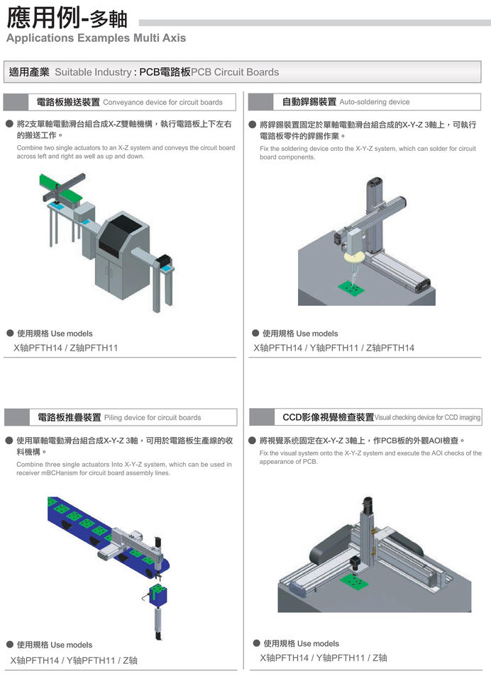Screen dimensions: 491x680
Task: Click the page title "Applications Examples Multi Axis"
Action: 96,38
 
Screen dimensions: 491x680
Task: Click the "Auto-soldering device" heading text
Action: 375,102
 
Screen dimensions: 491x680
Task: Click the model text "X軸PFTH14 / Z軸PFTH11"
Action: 66,348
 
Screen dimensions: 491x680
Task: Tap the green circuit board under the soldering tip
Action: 350,286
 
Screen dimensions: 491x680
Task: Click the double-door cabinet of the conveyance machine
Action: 115,273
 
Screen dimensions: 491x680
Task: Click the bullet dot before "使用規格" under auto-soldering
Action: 255,333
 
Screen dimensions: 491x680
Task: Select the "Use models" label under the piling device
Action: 72,645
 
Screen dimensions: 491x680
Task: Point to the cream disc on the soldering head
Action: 354,256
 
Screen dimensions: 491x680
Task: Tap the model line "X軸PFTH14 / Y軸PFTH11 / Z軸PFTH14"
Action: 334,348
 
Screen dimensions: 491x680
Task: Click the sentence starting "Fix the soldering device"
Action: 368,153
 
